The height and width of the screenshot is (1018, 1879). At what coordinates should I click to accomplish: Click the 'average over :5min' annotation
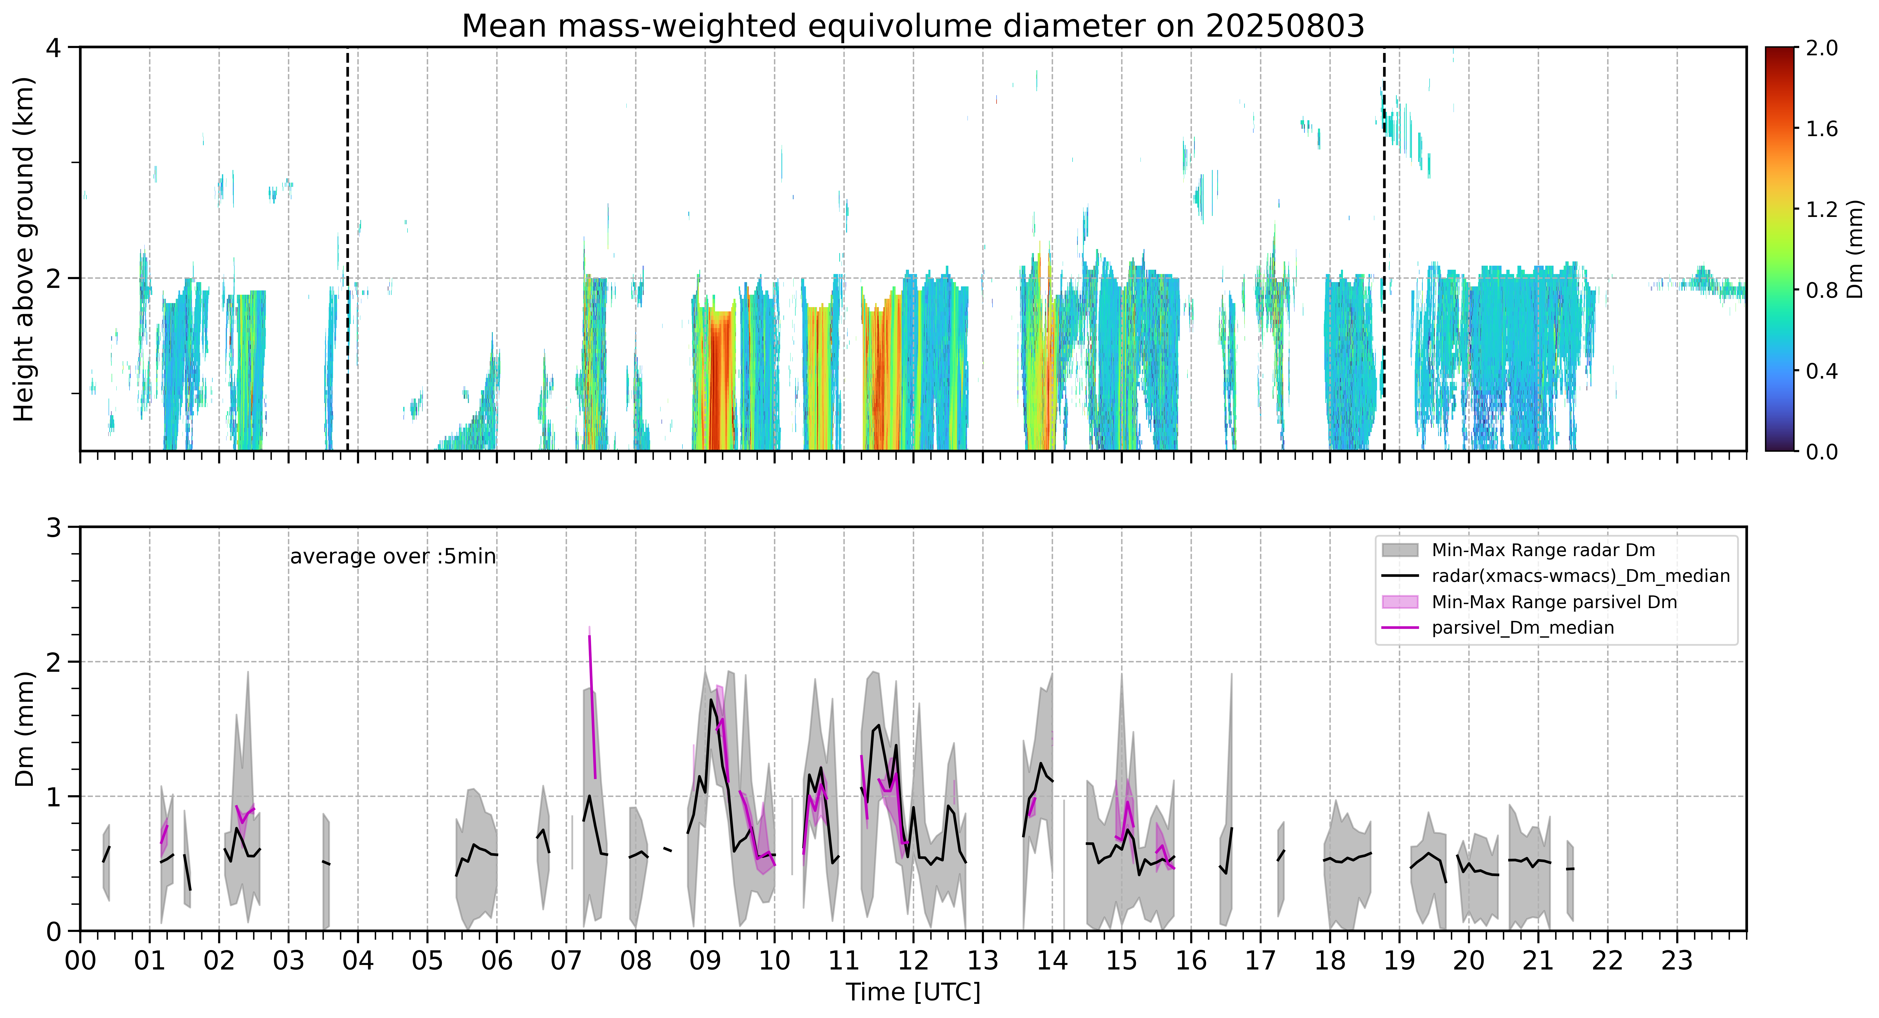[392, 557]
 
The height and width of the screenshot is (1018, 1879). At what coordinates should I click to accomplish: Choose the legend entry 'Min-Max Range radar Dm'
[1543, 550]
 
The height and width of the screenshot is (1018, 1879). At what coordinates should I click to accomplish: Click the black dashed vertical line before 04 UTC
[347, 249]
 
